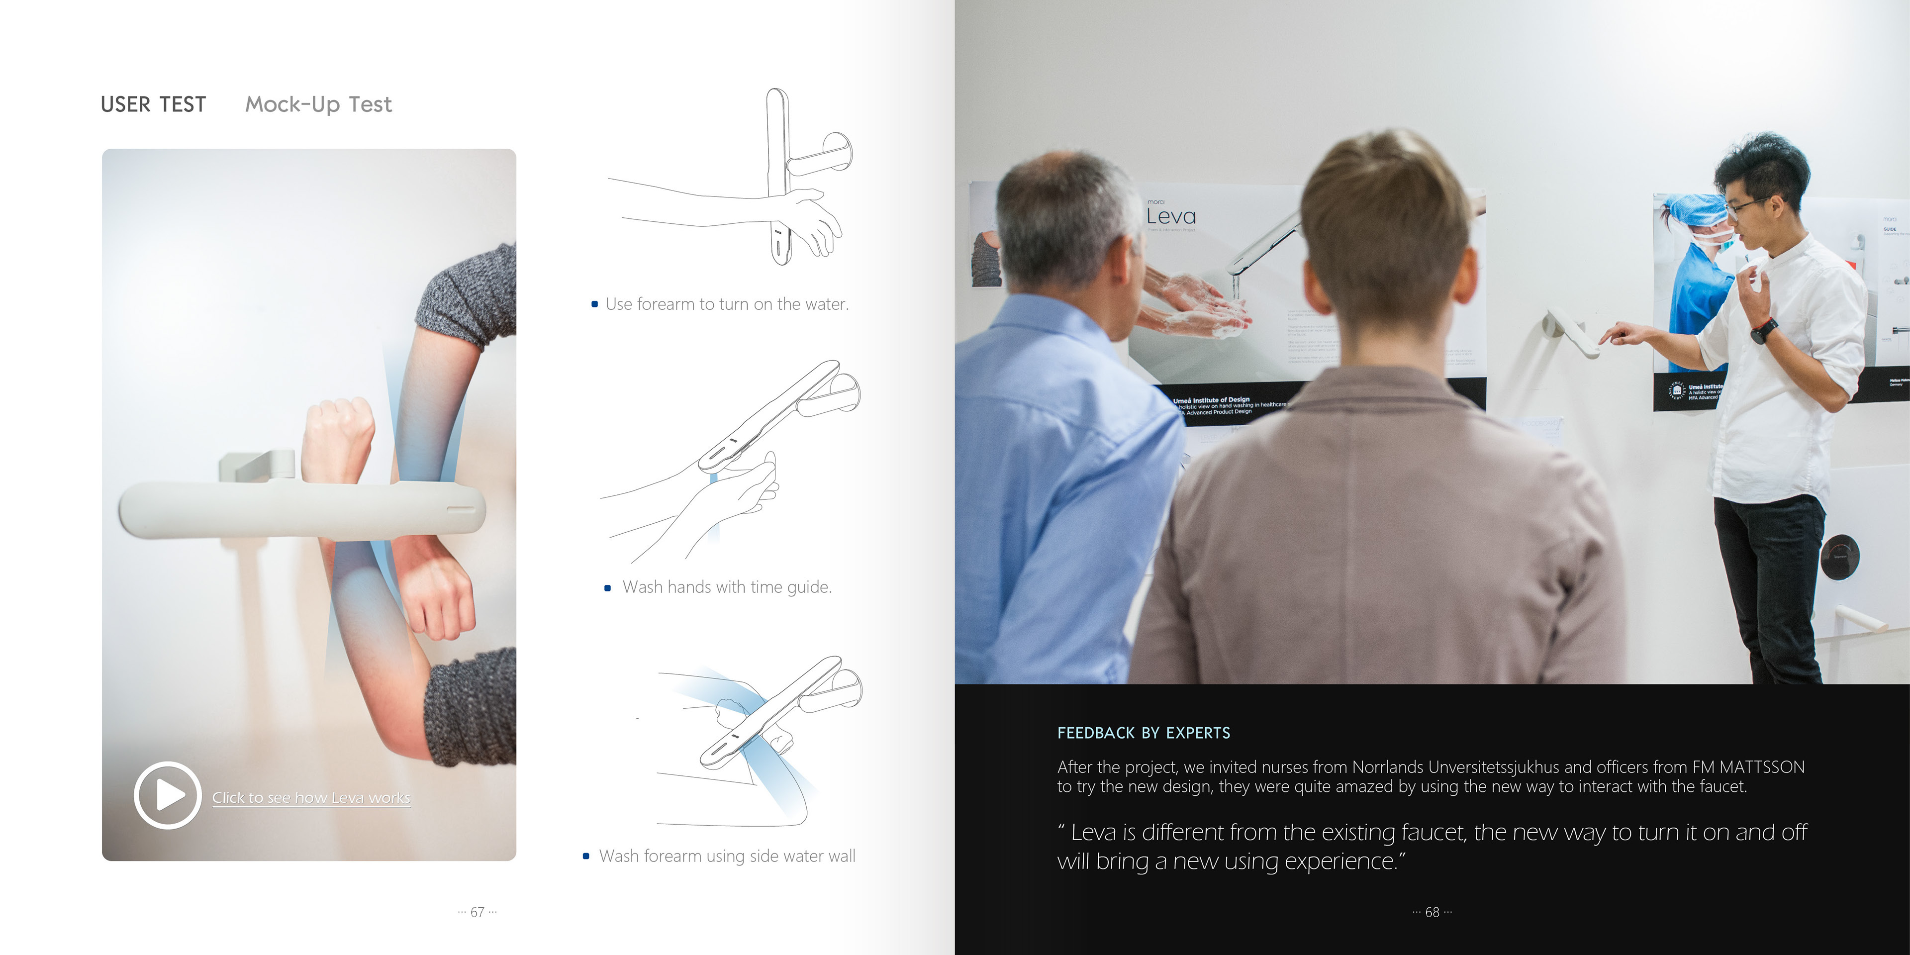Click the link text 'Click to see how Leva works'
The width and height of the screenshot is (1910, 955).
coord(311,798)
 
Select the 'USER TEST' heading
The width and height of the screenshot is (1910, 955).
coord(154,104)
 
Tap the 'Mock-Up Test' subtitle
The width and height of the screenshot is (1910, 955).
coord(318,104)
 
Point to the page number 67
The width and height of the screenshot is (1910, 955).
coord(477,912)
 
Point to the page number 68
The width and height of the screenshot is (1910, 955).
coord(1432,912)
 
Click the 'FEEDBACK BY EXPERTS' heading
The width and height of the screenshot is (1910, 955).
coord(1144,733)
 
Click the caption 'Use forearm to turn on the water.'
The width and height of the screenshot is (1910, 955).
coord(727,304)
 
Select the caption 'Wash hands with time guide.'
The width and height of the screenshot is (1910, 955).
coord(727,587)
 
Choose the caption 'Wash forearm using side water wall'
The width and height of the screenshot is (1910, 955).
coord(727,857)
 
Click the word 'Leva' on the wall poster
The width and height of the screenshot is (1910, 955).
coord(1171,216)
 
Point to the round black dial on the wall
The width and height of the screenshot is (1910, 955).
coord(1839,556)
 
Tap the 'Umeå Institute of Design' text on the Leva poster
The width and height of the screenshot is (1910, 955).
coord(1211,399)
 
